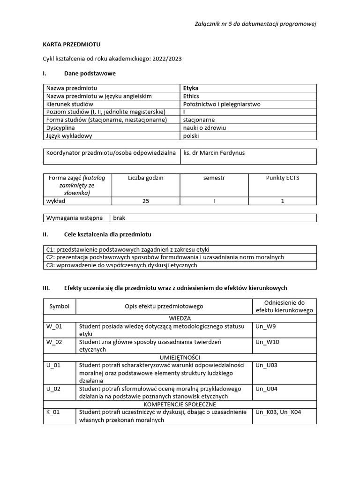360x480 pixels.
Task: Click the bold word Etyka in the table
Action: [191, 88]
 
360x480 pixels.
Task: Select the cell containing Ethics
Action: [192, 96]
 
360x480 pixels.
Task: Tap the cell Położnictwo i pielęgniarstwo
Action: [222, 104]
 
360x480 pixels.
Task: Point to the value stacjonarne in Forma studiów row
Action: [199, 120]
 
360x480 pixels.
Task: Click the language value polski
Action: [191, 136]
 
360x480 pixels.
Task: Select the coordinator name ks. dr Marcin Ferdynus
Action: [214, 153]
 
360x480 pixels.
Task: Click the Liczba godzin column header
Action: [146, 178]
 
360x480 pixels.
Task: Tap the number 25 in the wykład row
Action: [146, 201]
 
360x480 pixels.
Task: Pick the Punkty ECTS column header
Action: [282, 178]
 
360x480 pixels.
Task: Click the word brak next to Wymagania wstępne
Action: [120, 218]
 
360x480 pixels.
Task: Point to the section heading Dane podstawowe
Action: [90, 74]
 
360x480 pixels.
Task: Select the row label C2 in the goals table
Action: [50, 257]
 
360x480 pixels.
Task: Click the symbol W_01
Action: [54, 327]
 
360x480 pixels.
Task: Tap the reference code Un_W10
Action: [267, 342]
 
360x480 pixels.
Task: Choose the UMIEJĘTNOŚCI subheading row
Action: [180, 358]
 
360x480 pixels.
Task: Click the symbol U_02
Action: [53, 389]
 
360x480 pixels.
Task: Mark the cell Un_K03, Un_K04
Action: [278, 412]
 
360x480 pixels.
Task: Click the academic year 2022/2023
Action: [167, 59]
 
